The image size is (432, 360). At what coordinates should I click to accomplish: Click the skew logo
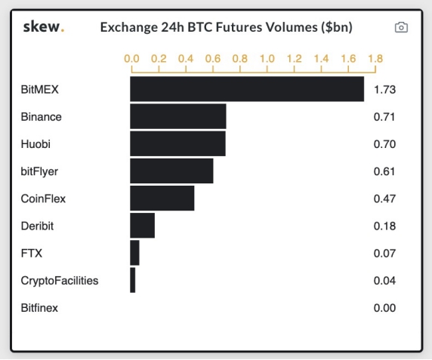point(44,26)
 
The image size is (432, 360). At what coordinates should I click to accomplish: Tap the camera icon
point(401,27)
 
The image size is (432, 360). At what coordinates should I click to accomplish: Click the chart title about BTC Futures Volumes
point(226,27)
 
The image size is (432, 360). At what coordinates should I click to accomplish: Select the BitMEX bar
point(247,89)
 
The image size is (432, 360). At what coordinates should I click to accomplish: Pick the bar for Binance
point(178,116)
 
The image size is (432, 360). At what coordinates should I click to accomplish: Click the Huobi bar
point(178,143)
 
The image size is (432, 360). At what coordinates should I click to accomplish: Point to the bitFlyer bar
point(171,171)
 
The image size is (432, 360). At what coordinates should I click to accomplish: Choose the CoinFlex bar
point(162,198)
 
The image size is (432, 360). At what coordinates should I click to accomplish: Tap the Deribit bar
point(143,226)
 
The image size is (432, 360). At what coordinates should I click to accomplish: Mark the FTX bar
point(134,253)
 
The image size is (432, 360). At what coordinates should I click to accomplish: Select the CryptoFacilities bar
point(133,280)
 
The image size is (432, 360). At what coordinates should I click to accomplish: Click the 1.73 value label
point(384,90)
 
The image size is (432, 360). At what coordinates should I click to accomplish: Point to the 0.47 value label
point(384,198)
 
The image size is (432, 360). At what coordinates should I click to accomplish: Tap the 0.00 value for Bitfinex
point(384,308)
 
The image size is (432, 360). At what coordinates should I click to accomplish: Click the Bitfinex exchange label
point(39,308)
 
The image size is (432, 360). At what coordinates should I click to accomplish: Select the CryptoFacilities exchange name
point(60,281)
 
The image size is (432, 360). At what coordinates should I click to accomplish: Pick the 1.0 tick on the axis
point(267,58)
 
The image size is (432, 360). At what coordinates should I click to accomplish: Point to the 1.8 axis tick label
point(375,58)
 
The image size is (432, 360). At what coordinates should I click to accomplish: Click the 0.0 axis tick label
point(131,58)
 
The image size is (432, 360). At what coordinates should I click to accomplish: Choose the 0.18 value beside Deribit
point(384,226)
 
